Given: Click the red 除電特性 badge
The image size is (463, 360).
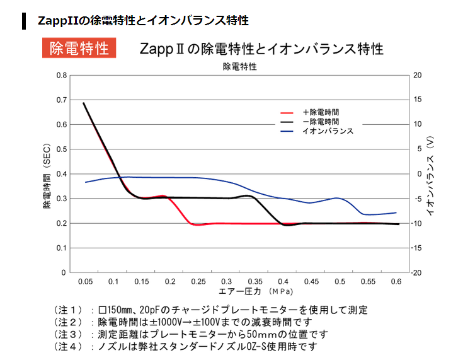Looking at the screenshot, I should tap(79, 49).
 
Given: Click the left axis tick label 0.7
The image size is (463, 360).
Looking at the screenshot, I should tap(61, 100).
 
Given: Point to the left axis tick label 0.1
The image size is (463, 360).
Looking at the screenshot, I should tap(61, 248).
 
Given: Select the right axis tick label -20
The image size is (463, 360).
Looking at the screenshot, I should tap(418, 272).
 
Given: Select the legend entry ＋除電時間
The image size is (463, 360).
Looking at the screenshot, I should tap(321, 112).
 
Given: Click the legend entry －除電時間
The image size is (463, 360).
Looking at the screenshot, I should tap(321, 121).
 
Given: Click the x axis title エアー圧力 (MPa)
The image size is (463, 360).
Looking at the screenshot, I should tap(251, 291).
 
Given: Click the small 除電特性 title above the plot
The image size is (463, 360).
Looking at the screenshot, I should tap(239, 66).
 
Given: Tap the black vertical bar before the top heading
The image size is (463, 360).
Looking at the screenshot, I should tap(23, 20).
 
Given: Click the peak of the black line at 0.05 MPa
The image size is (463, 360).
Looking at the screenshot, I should tap(84, 103).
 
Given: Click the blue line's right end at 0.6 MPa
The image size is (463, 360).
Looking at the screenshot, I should tap(396, 212).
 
